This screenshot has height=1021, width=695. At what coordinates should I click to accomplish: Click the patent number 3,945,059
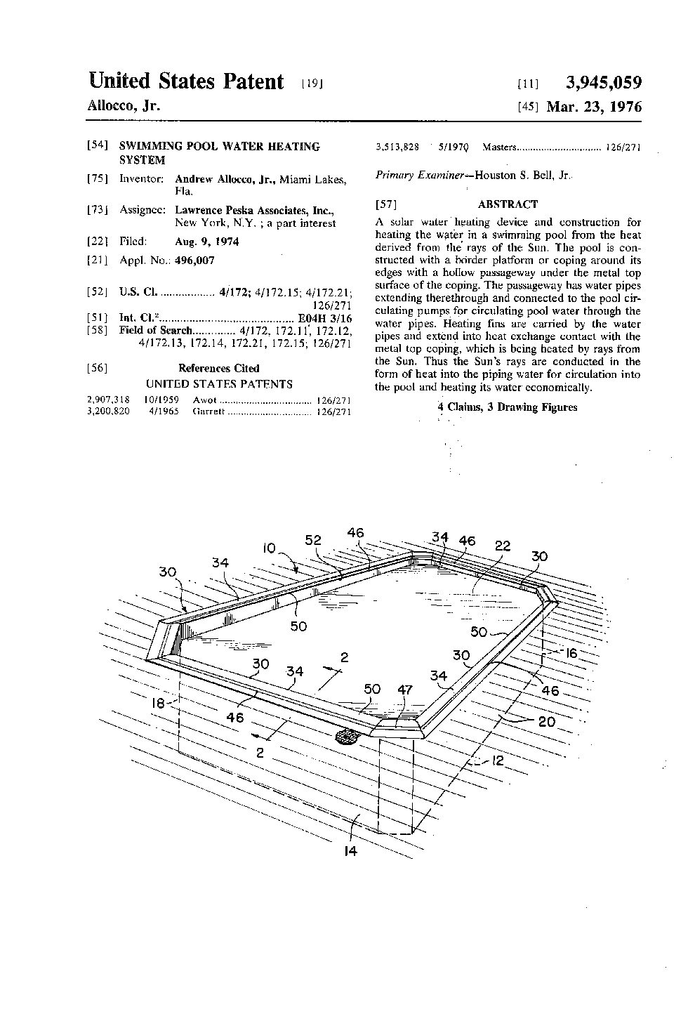(x=603, y=84)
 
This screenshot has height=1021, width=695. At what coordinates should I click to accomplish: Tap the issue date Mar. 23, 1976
(x=594, y=107)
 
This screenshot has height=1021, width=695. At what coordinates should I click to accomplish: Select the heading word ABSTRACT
(x=508, y=204)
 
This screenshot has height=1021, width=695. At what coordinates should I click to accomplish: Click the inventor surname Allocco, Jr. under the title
(x=124, y=107)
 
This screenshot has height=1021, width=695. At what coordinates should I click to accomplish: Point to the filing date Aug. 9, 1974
(x=206, y=242)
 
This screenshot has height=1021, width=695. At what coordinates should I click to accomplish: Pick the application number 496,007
(x=194, y=260)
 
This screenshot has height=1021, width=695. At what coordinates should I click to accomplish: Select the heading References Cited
(x=218, y=368)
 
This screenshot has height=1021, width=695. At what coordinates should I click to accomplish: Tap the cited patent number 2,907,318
(x=107, y=400)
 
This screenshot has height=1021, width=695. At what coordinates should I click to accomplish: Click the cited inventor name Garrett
(x=208, y=412)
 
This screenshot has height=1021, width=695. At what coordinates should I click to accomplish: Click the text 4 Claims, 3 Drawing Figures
(x=508, y=407)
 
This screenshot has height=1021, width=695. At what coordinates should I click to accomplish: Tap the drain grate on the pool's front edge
(x=347, y=737)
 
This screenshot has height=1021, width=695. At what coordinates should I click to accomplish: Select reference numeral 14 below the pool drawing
(x=351, y=852)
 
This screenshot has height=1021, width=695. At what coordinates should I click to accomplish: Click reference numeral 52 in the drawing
(x=313, y=540)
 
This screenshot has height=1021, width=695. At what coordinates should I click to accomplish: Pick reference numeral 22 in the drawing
(x=503, y=546)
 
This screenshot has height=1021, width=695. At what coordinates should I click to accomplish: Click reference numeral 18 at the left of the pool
(x=161, y=702)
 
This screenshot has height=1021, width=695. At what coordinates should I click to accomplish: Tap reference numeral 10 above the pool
(x=270, y=548)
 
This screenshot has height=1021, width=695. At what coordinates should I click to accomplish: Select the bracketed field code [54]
(x=97, y=146)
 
